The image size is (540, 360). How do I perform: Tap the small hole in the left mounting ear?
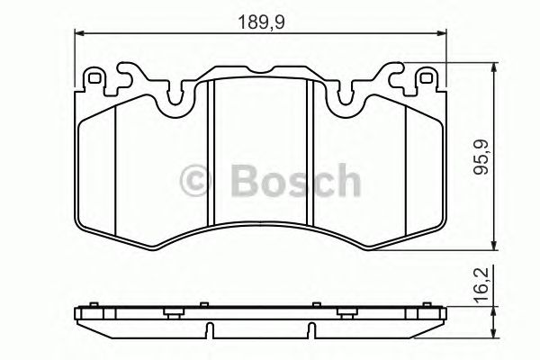pyautogui.click(x=93, y=80)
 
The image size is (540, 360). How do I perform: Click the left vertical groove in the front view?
pyautogui.click(x=209, y=153)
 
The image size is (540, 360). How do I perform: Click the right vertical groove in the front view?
pyautogui.click(x=310, y=153)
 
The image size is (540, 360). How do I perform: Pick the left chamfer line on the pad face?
pyautogui.click(x=118, y=171)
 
